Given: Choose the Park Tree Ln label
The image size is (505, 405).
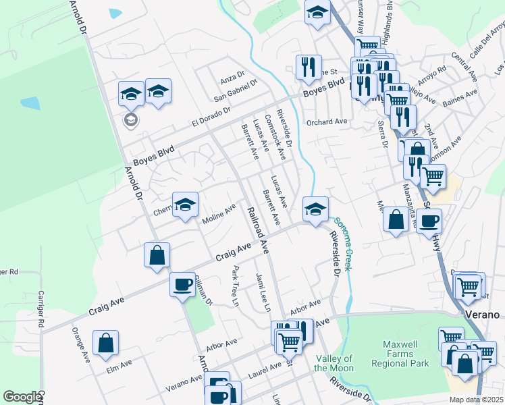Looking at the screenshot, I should point(236,287).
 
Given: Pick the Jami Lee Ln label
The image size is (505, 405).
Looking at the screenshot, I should point(263,292).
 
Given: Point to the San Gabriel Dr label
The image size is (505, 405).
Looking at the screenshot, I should point(236,91).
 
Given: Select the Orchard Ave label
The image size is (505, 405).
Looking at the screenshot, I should point(326,122).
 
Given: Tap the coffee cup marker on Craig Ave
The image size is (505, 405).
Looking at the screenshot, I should point(182,284).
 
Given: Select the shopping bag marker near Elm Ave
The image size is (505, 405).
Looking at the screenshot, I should point(106,342).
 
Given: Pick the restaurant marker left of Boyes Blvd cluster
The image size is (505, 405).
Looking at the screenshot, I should point(308,67).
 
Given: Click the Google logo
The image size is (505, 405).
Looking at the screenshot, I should point(22,397).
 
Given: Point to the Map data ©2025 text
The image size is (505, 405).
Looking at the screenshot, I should point(476,400).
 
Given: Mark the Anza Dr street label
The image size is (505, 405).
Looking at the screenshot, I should point(232,79).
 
